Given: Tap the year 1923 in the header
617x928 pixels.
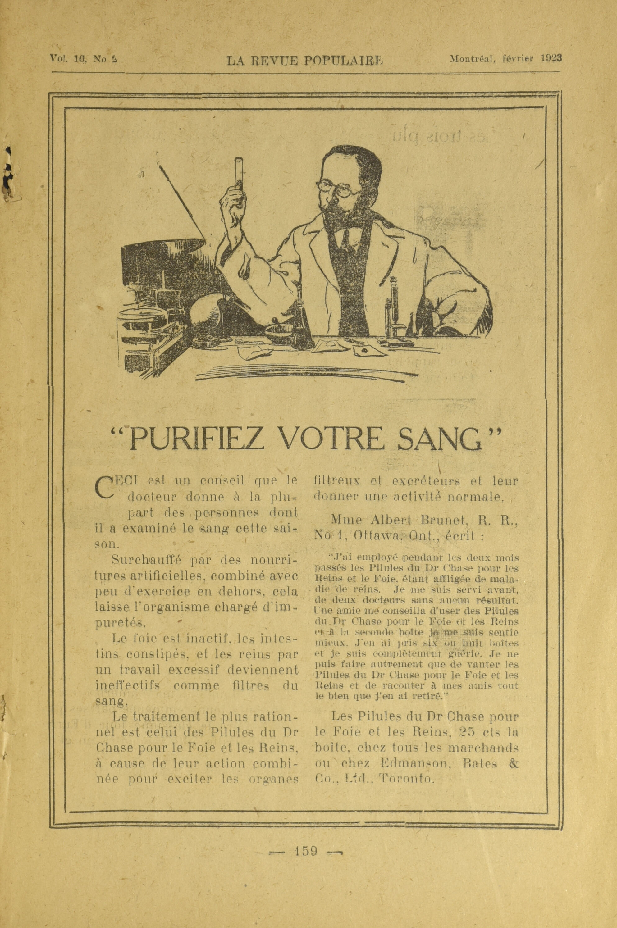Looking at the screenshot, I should point(551,58).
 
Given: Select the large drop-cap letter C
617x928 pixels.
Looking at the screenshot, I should point(103,487).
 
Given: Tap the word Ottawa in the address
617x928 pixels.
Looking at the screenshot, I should point(378,535).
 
